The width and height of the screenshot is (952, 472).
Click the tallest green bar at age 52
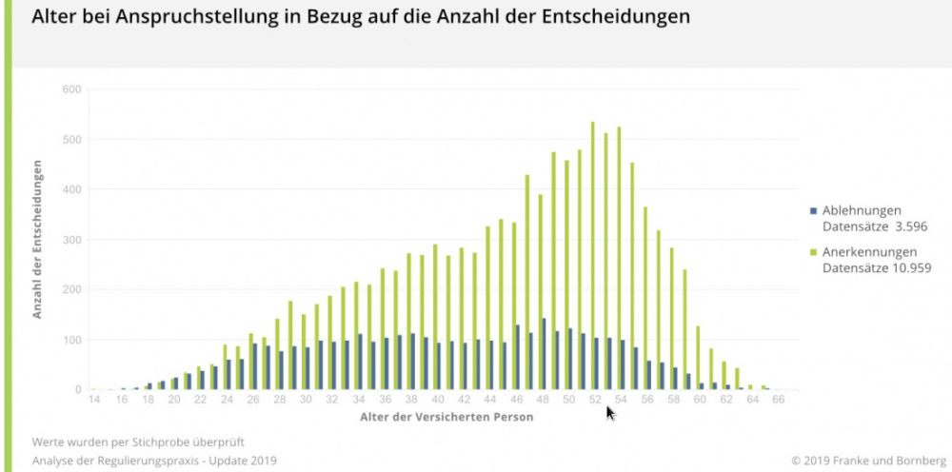click(x=592, y=256)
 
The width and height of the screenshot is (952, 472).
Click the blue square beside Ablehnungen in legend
click(x=812, y=210)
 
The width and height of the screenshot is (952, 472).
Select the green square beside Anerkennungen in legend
click(x=812, y=252)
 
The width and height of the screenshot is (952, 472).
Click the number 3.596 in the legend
click(x=908, y=226)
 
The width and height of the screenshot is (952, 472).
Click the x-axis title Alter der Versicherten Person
click(x=436, y=418)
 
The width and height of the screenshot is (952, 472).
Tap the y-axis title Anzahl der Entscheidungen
click(x=39, y=239)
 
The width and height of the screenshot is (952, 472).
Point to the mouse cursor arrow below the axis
click(x=610, y=412)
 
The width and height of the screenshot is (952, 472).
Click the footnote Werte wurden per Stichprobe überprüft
click(x=138, y=442)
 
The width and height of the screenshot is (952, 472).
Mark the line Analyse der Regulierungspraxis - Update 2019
click(x=153, y=461)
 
